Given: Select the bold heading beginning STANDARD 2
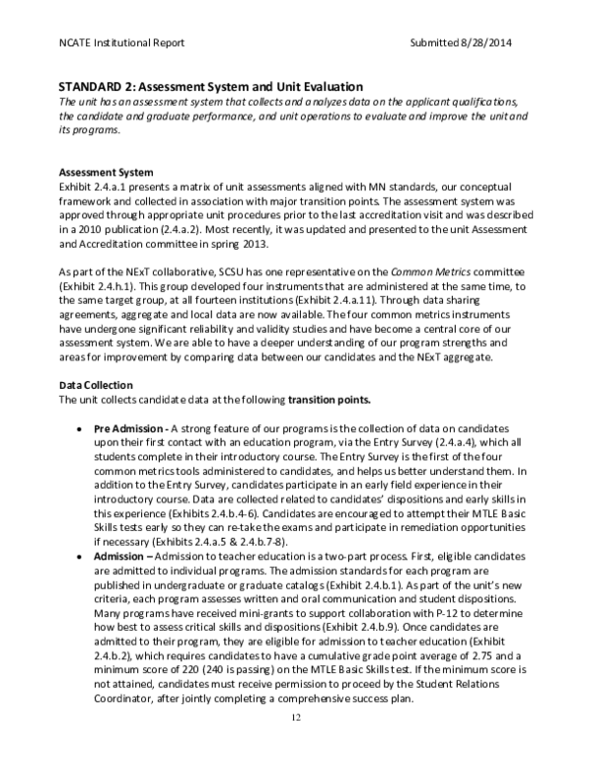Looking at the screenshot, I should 210,88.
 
